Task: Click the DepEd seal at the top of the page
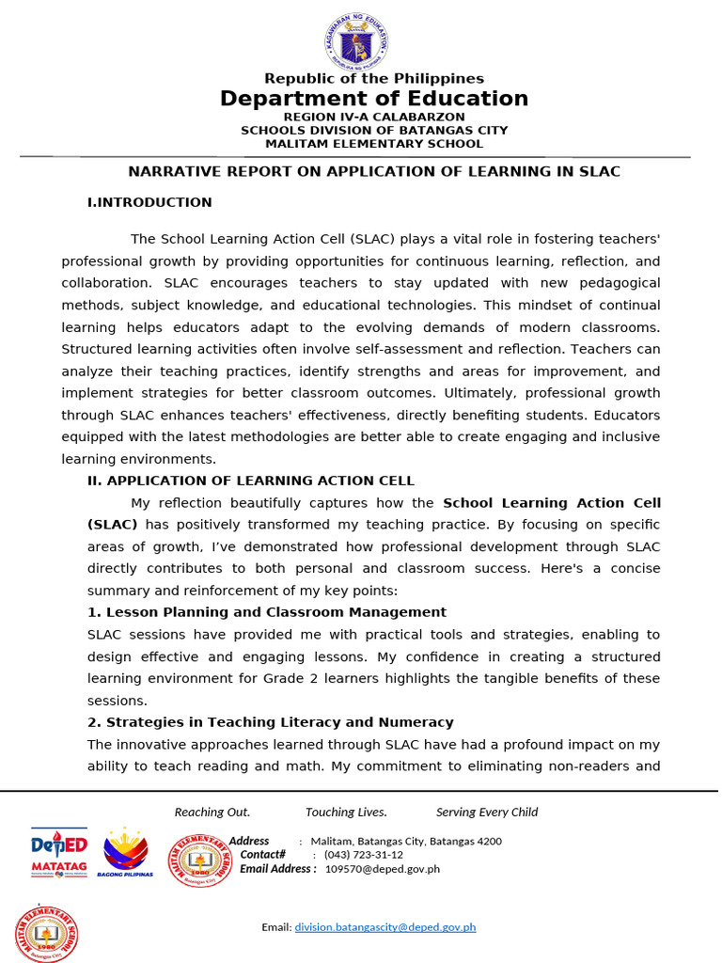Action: [x=354, y=43]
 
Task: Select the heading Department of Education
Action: [x=373, y=99]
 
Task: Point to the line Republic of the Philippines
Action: [x=373, y=79]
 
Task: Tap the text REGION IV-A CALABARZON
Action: [x=373, y=117]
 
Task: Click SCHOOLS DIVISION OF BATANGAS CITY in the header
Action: [x=373, y=131]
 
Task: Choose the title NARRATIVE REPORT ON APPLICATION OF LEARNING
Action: [x=373, y=171]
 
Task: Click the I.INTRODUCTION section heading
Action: [x=149, y=202]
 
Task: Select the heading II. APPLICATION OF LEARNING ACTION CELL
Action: [x=250, y=481]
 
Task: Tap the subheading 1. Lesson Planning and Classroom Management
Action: [x=267, y=612]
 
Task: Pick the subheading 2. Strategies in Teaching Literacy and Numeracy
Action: [x=271, y=722]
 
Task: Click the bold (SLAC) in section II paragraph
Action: [x=113, y=525]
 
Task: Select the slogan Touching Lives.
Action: [x=346, y=813]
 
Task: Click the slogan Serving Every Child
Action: [x=486, y=813]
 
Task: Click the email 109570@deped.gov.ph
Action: [x=382, y=869]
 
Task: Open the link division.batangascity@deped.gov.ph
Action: [x=385, y=927]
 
